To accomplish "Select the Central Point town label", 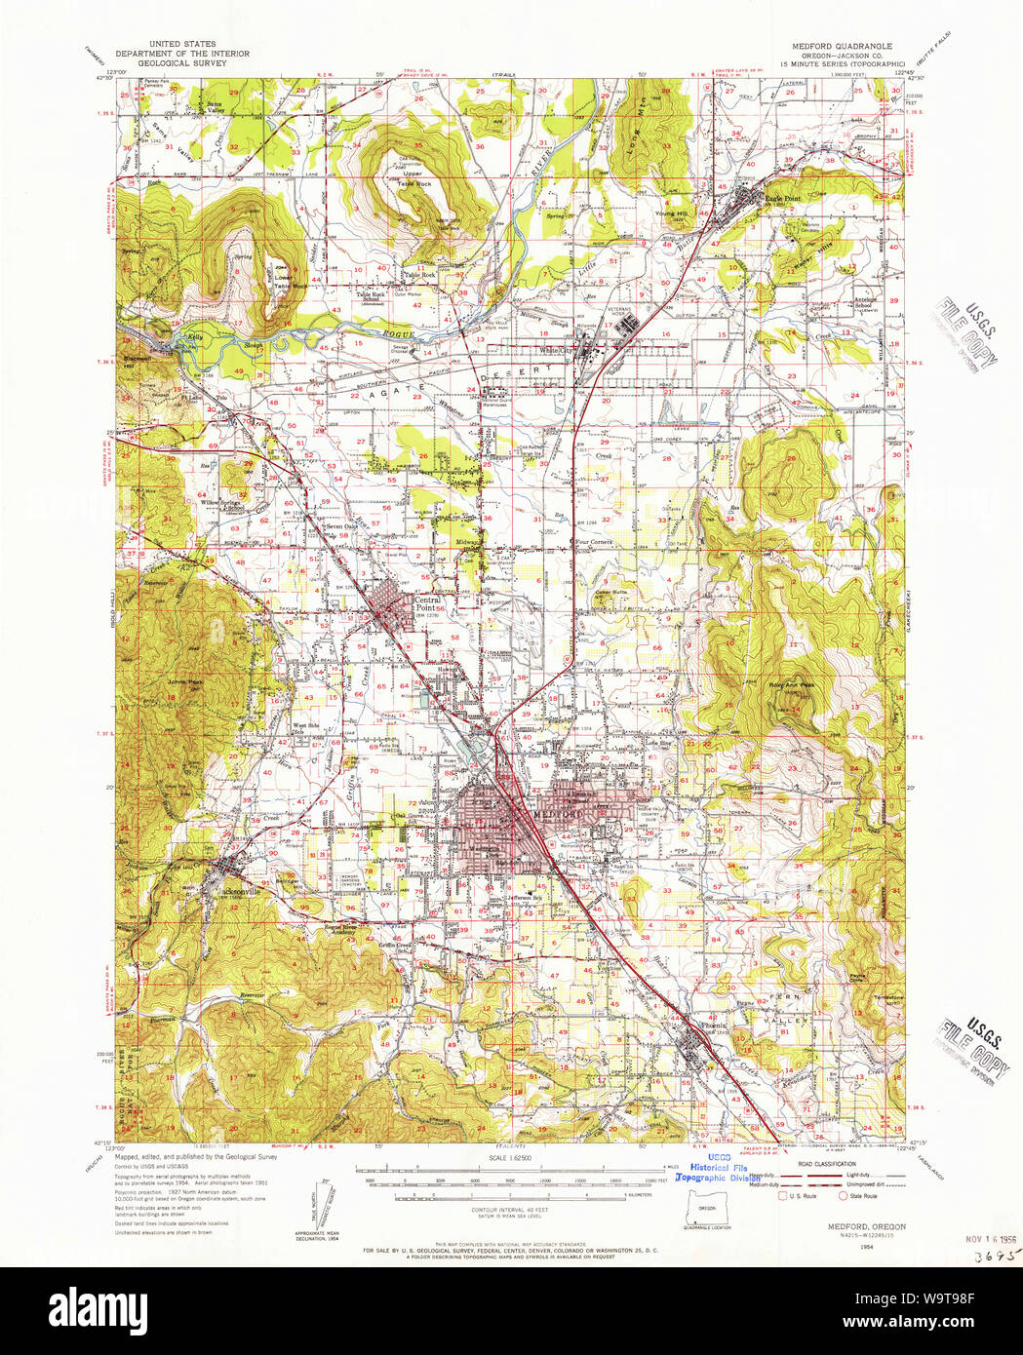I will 426,604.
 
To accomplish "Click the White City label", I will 559,351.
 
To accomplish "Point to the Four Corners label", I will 593,541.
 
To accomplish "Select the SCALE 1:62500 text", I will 510,1158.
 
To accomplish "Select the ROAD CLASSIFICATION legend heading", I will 826,1163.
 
